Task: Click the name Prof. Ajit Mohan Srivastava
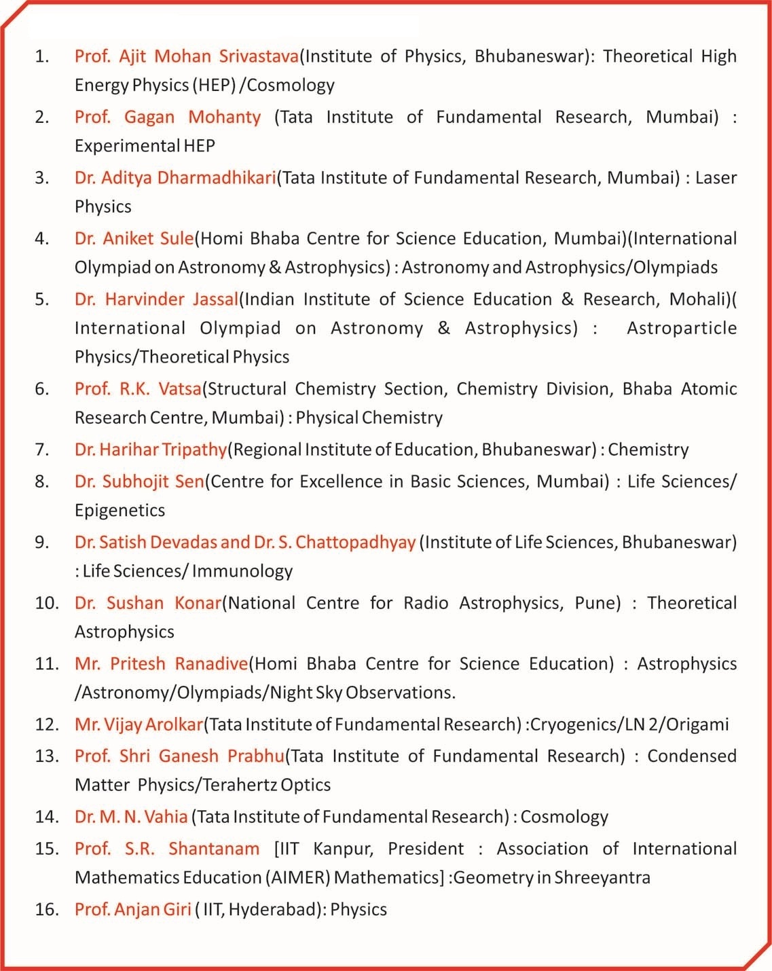(187, 56)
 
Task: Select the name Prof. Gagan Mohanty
(168, 117)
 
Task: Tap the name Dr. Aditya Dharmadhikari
(175, 178)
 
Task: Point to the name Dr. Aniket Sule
(134, 238)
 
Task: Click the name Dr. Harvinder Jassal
(156, 299)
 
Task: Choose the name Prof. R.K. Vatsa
(138, 389)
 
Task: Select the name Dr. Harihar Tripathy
(151, 450)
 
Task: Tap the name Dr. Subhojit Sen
(139, 481)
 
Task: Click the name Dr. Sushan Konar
(148, 603)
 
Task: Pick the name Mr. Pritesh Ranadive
(162, 663)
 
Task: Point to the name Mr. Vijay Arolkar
(139, 725)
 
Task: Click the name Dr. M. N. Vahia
(131, 817)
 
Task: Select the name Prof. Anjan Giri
(133, 909)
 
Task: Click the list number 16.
(47, 909)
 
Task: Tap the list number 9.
(42, 542)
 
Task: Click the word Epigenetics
(120, 511)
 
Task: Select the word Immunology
(242, 571)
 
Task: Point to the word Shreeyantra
(602, 877)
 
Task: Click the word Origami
(697, 725)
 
